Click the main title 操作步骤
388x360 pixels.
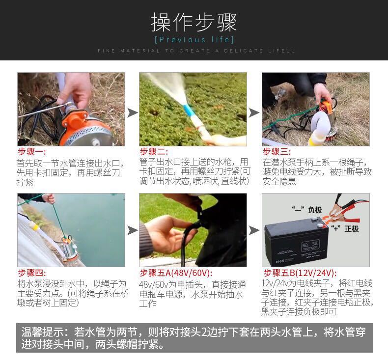[194, 23]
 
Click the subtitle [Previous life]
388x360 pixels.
[194, 40]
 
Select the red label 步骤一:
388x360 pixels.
[32, 152]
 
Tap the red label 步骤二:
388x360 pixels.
[154, 152]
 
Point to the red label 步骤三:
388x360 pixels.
[277, 152]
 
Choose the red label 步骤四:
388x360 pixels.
[32, 273]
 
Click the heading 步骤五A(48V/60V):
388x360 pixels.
[176, 273]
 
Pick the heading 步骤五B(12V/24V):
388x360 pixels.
[300, 273]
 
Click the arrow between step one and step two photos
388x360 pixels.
[133, 113]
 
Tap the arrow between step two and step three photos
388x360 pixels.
[254, 113]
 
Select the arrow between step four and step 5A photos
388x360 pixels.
[133, 230]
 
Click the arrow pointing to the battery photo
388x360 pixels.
[254, 230]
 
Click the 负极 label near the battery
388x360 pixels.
[315, 210]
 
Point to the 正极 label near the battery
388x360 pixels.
[351, 228]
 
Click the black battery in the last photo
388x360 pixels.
[296, 242]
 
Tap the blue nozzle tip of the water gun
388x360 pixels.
[188, 111]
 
